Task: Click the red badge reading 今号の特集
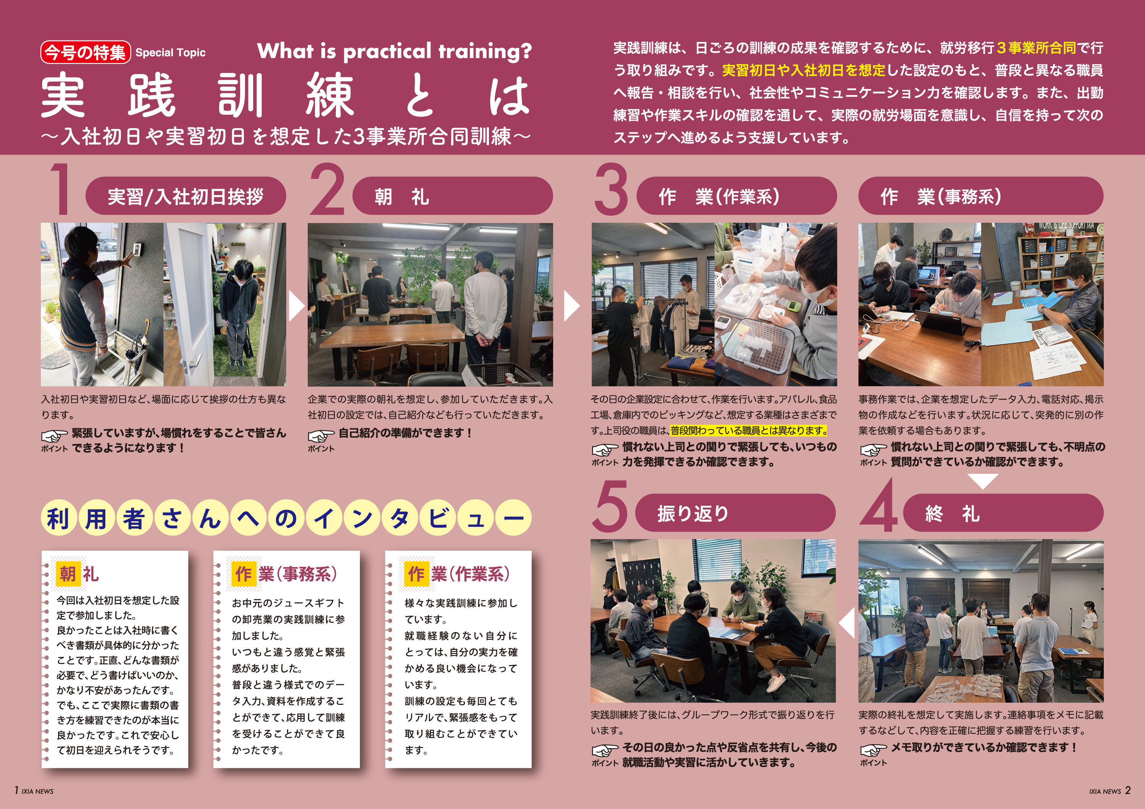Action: pos(85,52)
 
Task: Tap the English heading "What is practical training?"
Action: pos(395,51)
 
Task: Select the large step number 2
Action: pos(327,190)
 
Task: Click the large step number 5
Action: pos(610,506)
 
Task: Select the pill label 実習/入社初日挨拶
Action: pos(185,196)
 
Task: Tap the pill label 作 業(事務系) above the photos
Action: pos(981,196)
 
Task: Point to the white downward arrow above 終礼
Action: pos(982,481)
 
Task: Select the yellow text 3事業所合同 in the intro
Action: pos(1036,48)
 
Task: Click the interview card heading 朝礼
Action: pos(79,573)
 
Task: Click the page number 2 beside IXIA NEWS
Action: pos(1127,790)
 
